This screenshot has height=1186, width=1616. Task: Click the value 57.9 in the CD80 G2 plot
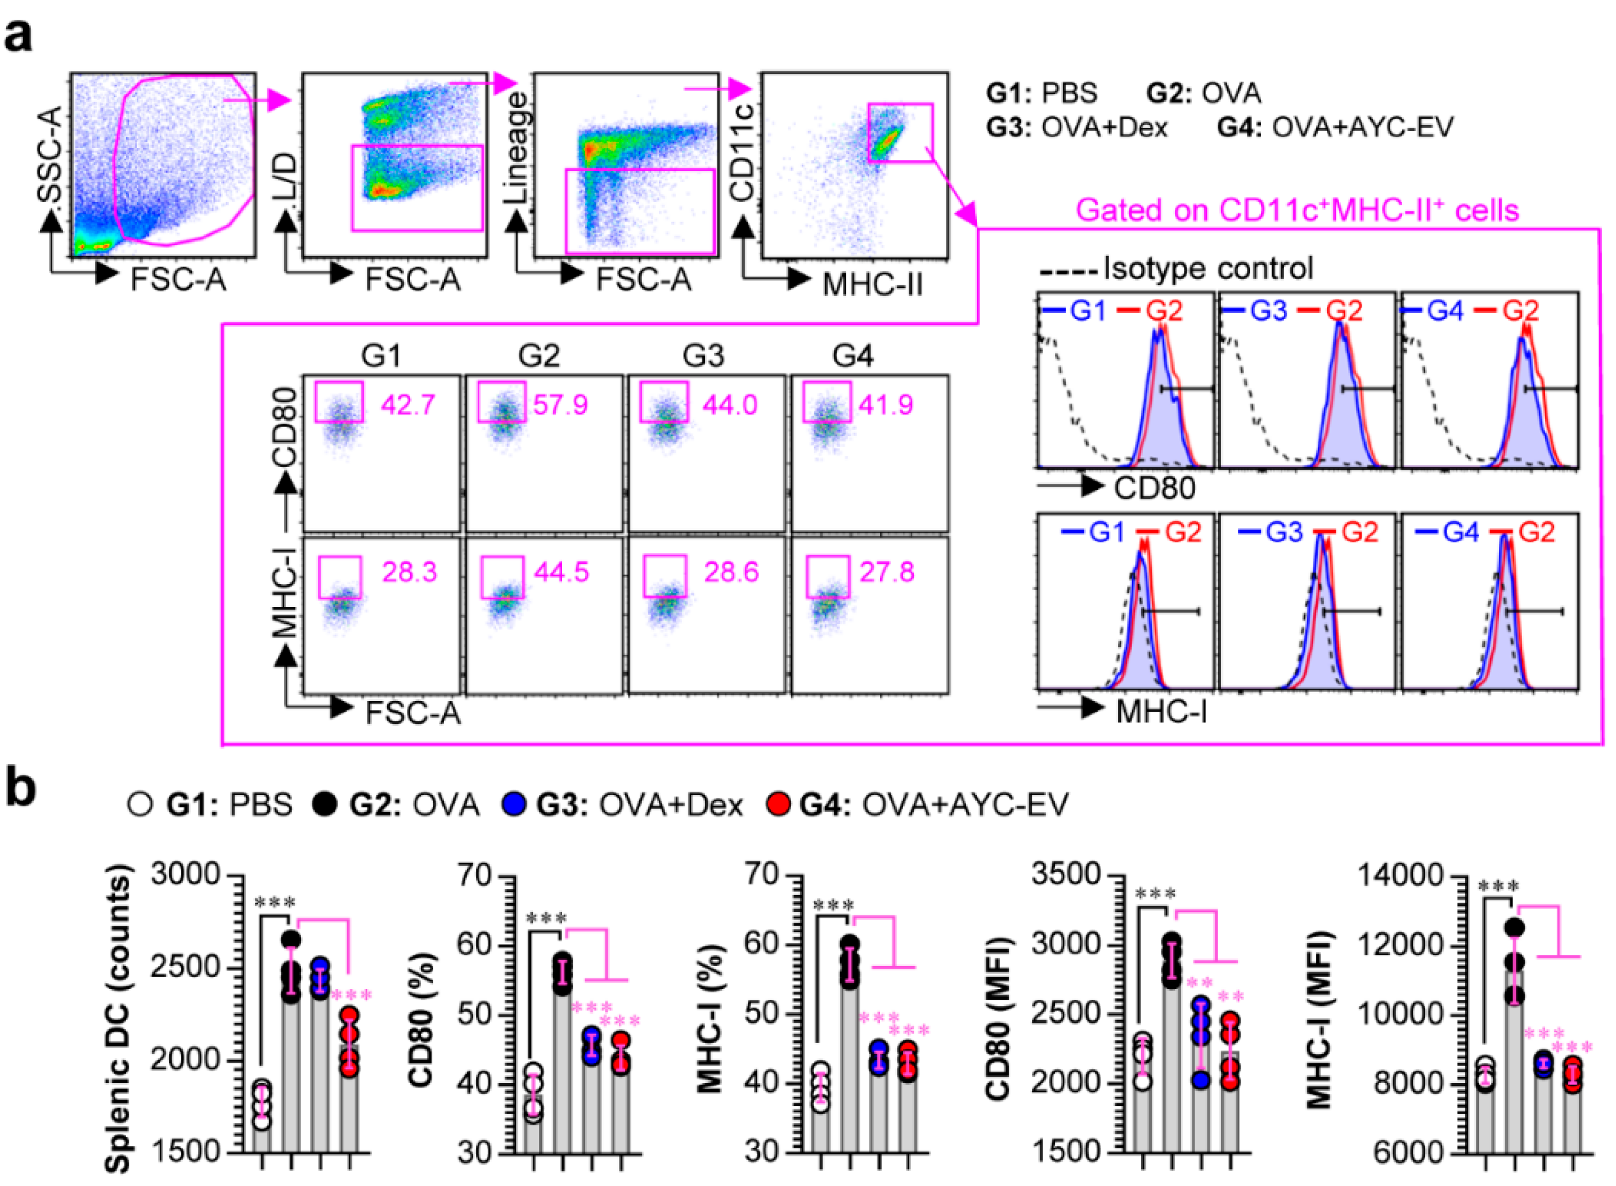point(560,405)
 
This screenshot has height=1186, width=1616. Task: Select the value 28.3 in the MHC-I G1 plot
point(409,572)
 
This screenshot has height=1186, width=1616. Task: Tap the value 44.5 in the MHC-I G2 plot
point(562,572)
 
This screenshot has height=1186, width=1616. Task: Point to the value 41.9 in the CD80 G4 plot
point(886,405)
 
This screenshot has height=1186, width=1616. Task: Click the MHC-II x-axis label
point(872,284)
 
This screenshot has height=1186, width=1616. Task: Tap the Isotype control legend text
point(1207,268)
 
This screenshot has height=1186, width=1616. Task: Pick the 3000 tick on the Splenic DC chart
point(185,875)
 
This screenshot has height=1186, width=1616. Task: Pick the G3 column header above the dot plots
point(703,356)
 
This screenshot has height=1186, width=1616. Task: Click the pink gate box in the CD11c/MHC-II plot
point(900,133)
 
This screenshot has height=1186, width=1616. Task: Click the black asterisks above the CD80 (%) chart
point(546,918)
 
